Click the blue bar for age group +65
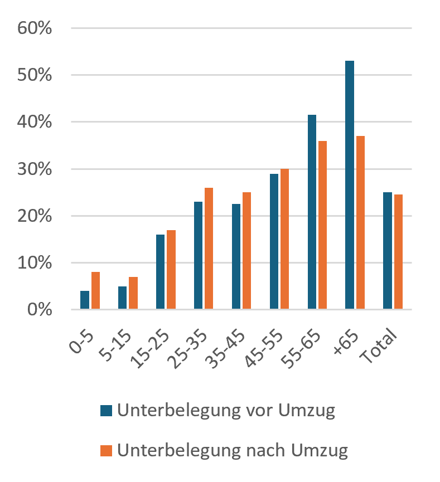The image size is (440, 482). tap(350, 185)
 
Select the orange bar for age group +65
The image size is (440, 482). tap(360, 222)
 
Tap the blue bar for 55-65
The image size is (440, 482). tap(312, 212)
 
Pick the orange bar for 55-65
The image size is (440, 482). tap(322, 225)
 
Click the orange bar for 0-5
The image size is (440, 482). tap(95, 290)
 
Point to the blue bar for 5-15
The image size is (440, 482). tap(122, 298)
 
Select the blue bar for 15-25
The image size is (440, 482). tap(160, 272)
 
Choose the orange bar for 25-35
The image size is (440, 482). tap(209, 248)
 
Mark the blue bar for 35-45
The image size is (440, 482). tap(236, 256)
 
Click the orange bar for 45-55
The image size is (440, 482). tap(284, 239)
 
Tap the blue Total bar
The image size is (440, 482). tap(388, 251)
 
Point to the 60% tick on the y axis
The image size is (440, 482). tap(35, 28)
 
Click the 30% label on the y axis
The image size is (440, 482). tap(35, 169)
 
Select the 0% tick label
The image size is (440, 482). tap(40, 310)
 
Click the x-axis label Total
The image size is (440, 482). tap(378, 346)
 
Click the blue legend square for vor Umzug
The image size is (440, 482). tap(106, 410)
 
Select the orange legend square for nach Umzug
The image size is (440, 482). tap(106, 450)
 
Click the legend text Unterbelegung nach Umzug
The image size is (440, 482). tap(233, 451)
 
